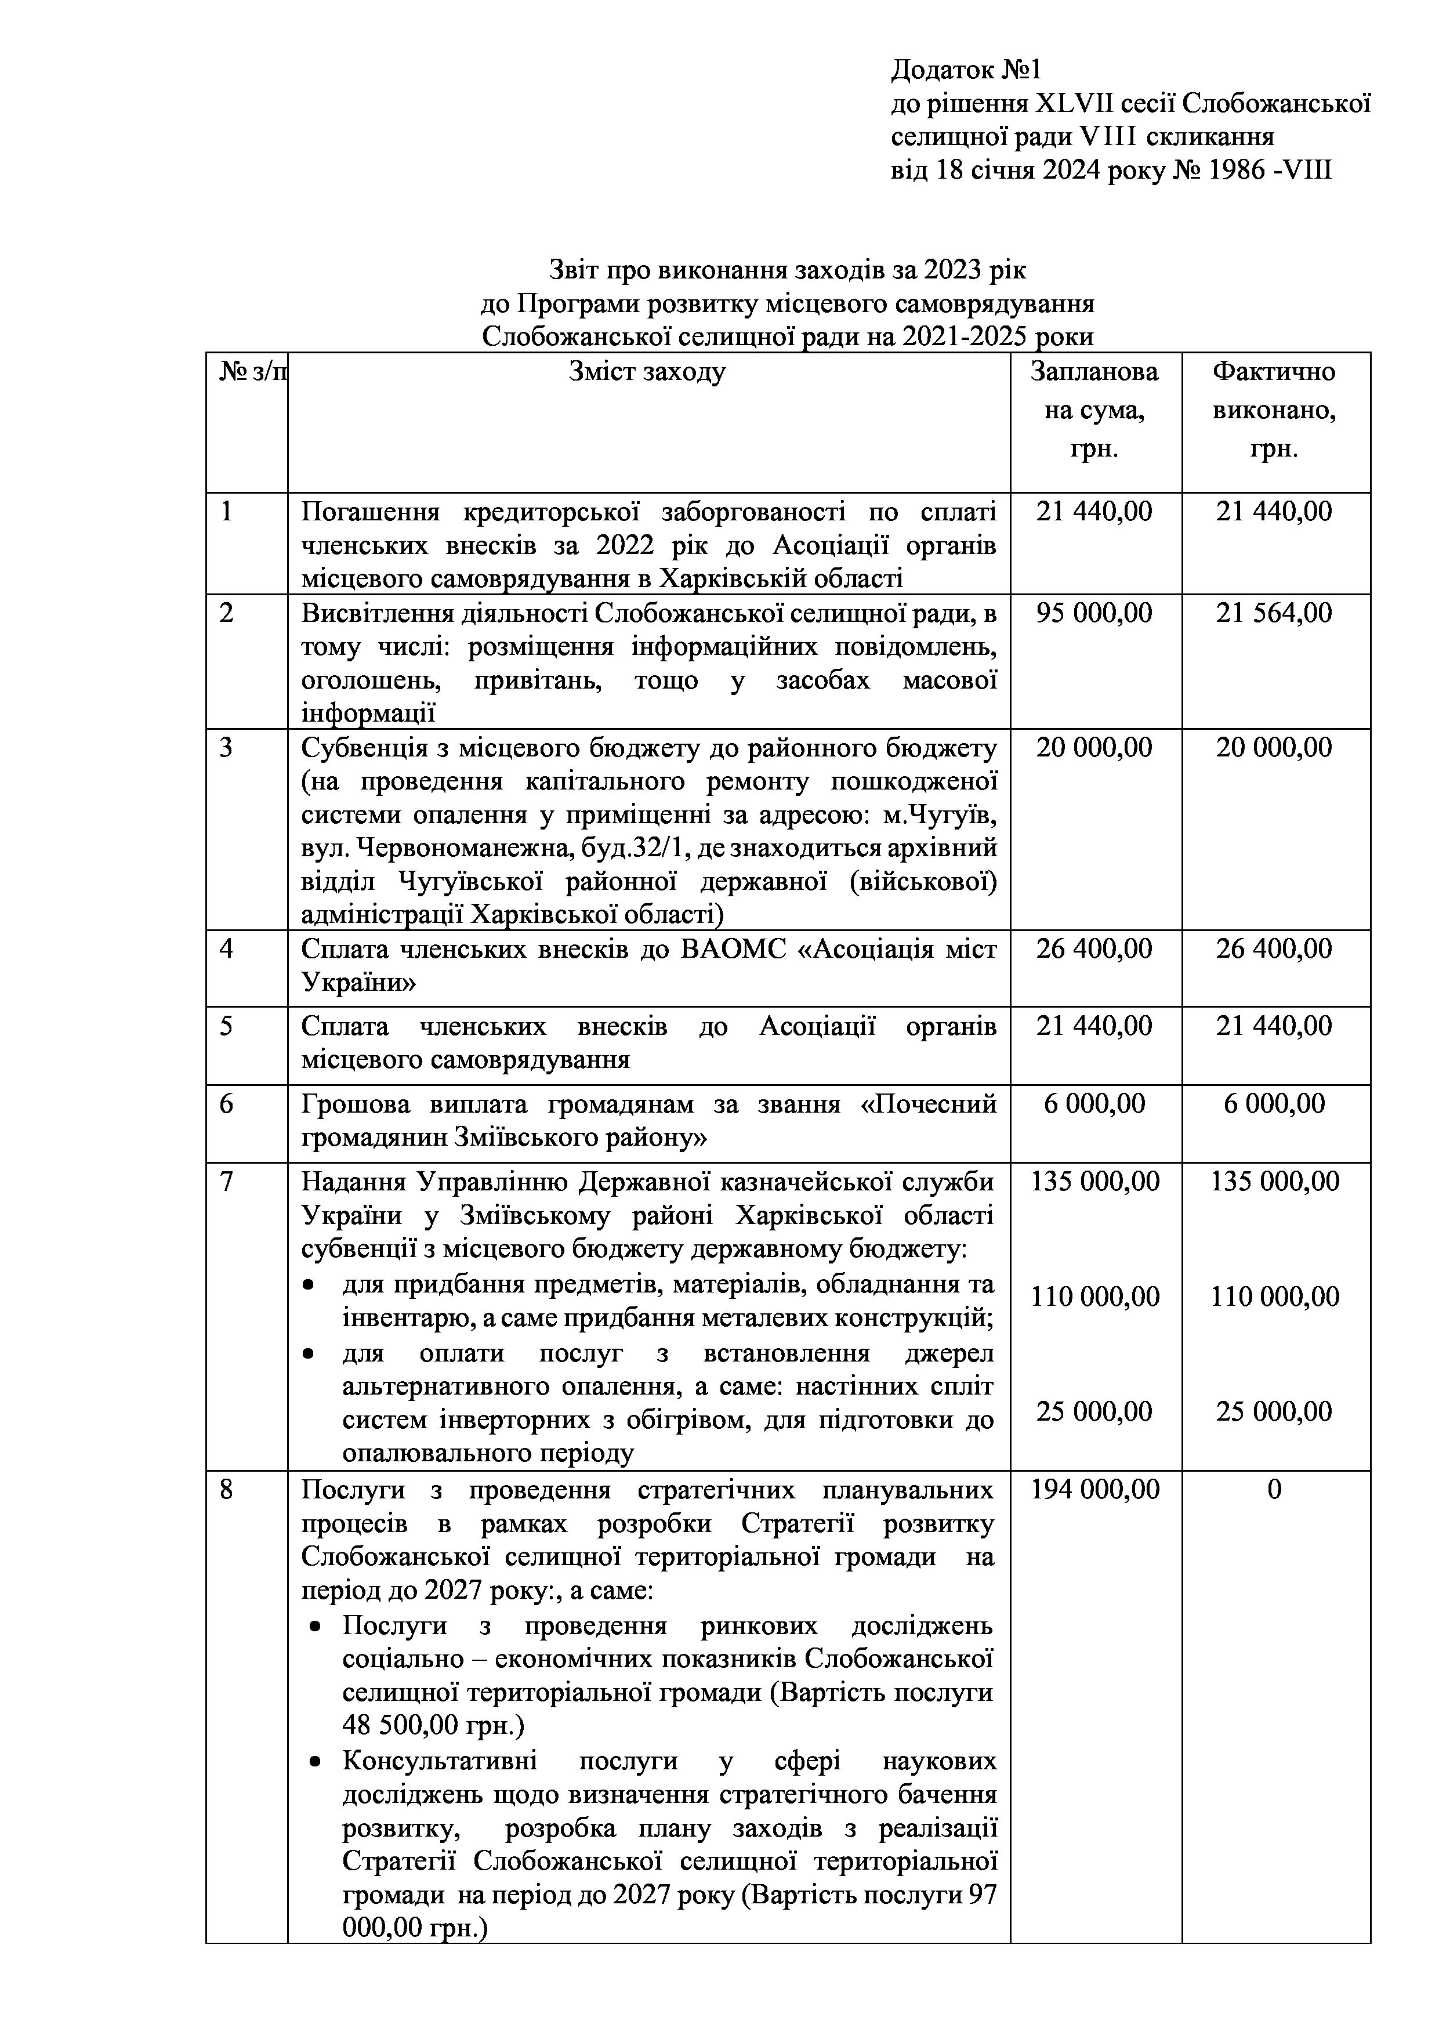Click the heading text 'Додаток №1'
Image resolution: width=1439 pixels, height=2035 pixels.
click(x=967, y=70)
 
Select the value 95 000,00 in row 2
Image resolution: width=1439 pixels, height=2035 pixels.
click(x=1094, y=613)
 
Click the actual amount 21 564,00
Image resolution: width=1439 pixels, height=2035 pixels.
click(x=1273, y=613)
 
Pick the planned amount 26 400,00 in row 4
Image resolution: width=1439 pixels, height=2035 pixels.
click(x=1094, y=949)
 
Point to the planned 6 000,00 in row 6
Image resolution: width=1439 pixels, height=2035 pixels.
click(x=1094, y=1103)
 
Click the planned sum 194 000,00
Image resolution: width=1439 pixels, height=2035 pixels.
click(x=1094, y=1489)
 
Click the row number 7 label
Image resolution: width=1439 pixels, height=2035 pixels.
click(x=227, y=1182)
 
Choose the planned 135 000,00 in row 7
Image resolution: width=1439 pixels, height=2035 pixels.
click(x=1094, y=1182)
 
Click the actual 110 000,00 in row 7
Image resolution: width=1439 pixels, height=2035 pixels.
click(x=1275, y=1297)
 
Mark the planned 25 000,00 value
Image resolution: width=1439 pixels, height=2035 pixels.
click(x=1094, y=1411)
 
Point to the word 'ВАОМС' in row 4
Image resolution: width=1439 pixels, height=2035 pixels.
click(x=741, y=949)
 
